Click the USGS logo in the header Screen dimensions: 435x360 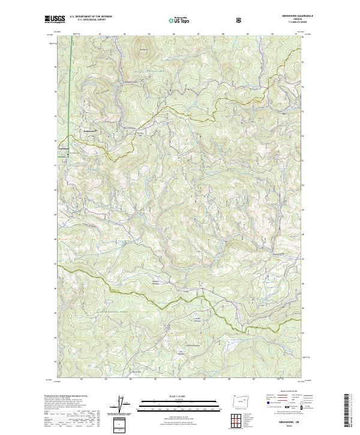pos(55,19)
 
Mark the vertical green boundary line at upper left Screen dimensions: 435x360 pos(70,90)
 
